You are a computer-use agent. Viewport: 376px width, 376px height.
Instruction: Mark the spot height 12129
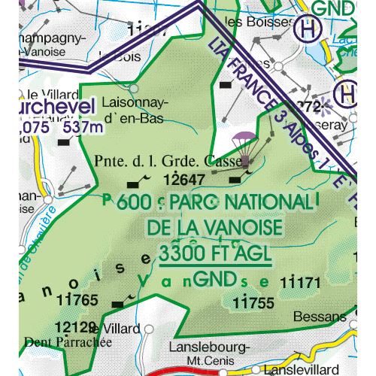(x=76, y=327)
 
